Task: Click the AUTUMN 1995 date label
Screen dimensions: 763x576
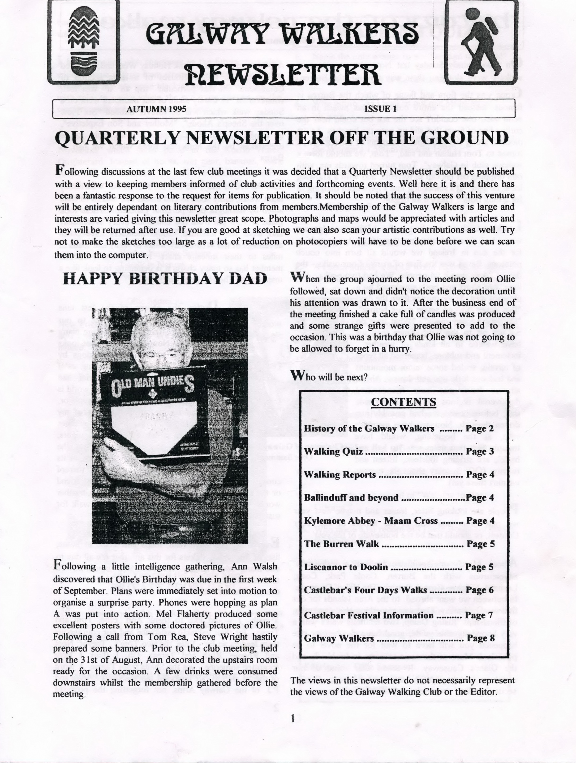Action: [157, 109]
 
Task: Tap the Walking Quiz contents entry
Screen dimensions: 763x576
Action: [333, 451]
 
